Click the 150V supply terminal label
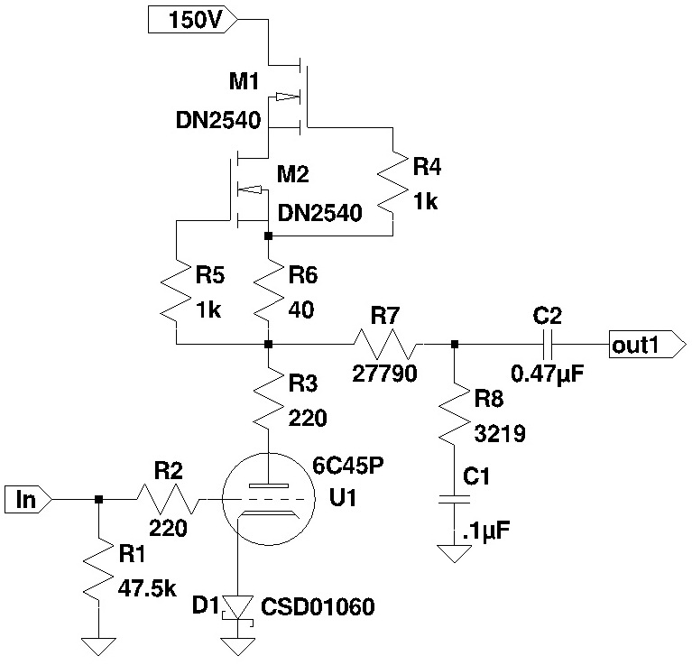(193, 20)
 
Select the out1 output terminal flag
(648, 344)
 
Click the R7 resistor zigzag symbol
(385, 344)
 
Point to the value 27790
(385, 374)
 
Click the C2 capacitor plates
(548, 344)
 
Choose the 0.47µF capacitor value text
(548, 374)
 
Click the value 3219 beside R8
(500, 434)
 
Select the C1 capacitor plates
(454, 499)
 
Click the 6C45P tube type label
(348, 465)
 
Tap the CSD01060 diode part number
(318, 606)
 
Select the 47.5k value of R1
(147, 588)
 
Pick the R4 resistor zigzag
(392, 183)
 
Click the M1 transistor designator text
(245, 81)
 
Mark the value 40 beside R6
(301, 310)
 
